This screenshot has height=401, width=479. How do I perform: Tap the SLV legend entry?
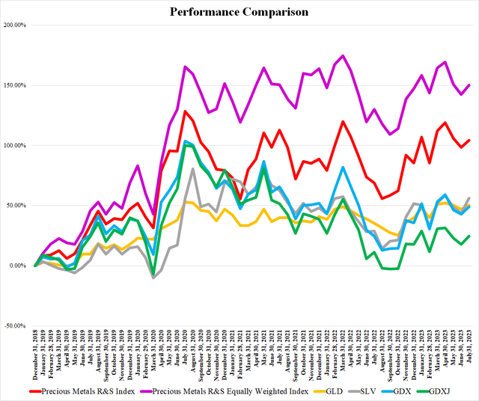point(372,389)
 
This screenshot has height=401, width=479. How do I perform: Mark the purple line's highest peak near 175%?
point(343,55)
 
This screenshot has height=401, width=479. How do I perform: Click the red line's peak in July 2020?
point(185,111)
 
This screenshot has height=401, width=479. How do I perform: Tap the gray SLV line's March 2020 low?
point(153,278)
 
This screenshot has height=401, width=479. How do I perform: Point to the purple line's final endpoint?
point(469,85)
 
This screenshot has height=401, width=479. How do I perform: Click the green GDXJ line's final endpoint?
point(469,236)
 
